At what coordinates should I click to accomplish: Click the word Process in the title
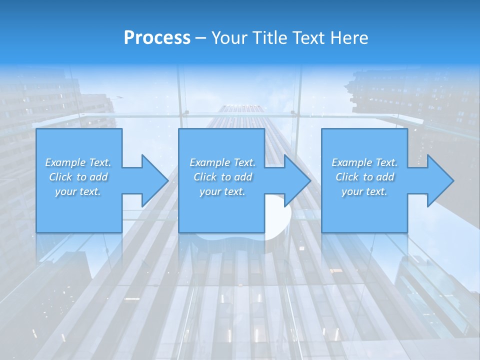157,38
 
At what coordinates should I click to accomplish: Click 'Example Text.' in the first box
78,162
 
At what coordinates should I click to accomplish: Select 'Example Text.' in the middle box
222,162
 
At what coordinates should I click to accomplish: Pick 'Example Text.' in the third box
364,162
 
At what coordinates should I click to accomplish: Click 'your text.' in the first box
78,191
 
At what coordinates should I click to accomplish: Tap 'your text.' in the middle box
222,191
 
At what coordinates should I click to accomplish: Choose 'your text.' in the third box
364,191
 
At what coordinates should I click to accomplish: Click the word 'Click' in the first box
60,177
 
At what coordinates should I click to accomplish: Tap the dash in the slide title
200,38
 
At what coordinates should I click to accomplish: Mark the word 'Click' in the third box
347,177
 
